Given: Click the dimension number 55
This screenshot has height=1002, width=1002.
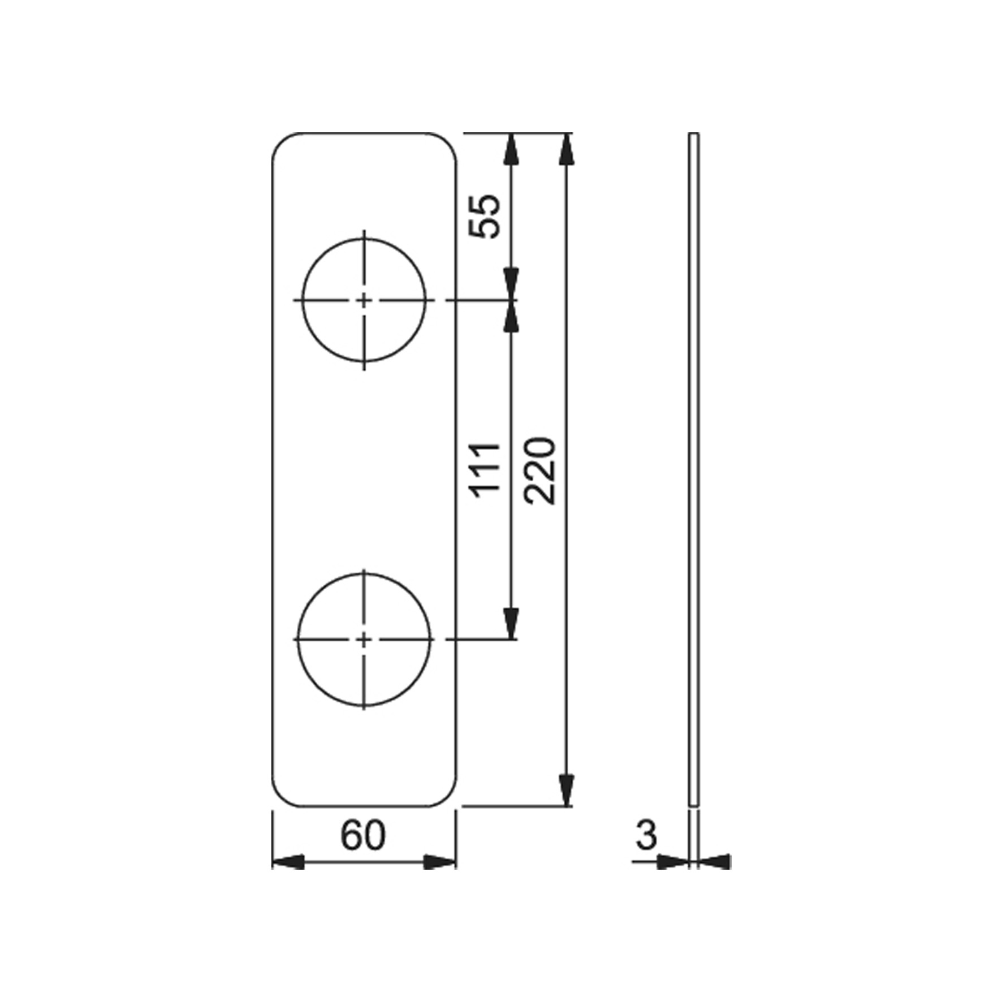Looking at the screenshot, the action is (x=486, y=216).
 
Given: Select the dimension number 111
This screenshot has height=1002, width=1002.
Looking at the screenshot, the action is (x=487, y=470).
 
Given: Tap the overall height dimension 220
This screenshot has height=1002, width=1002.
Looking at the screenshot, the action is (x=540, y=470).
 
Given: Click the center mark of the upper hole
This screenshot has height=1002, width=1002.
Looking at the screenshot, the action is (x=364, y=300).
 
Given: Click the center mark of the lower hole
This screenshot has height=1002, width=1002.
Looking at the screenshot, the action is (x=364, y=640).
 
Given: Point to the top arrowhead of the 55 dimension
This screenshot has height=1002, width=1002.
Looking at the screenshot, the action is (x=512, y=150).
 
